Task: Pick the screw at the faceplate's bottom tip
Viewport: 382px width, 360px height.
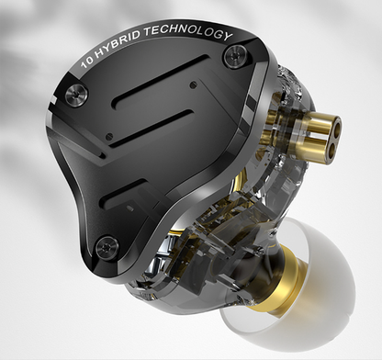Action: point(107,245)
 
